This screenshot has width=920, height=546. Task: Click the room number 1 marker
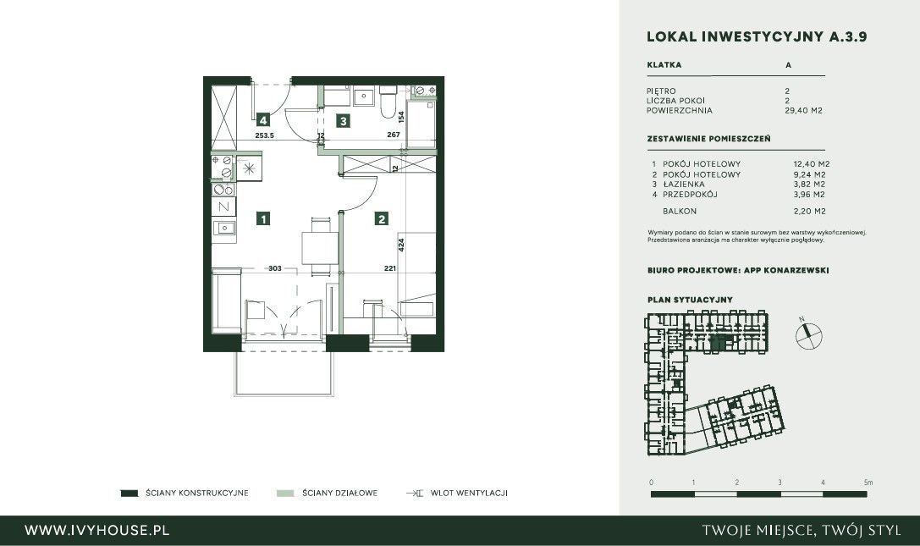pos(263,219)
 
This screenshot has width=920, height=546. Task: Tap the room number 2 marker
pos(382,219)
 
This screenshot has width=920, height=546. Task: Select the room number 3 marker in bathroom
pos(344,121)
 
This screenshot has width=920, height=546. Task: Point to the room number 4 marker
pos(263,120)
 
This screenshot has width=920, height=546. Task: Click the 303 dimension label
pos(275,268)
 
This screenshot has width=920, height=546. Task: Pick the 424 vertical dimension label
pos(401,245)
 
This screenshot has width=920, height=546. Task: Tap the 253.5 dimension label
pos(265,135)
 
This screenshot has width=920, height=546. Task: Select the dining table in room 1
pos(321,248)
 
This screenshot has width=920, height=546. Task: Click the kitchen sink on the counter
pos(224,228)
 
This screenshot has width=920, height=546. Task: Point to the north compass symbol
pos(808,334)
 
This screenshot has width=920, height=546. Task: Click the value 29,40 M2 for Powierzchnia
pos(803,110)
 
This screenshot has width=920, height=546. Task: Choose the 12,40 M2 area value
pos(812,164)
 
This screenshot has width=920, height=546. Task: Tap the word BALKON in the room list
pos(680,212)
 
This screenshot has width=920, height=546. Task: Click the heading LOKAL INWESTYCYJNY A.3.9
pos(757,36)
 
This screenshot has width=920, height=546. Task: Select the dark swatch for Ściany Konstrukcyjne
pos(129,494)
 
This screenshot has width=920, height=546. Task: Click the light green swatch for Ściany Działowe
pos(285,494)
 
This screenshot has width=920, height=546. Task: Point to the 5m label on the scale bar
pos(868,483)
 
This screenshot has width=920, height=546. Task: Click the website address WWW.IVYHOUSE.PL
pos(96,531)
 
